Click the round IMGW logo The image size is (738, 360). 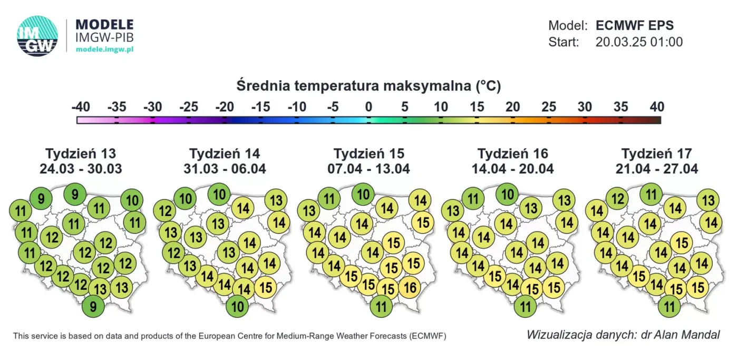click(37, 36)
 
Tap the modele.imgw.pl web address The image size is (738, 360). click(104, 49)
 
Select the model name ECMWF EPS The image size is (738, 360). click(634, 25)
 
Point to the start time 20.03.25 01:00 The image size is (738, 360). click(639, 42)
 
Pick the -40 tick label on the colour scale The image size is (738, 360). click(81, 107)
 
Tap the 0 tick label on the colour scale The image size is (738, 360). click(368, 107)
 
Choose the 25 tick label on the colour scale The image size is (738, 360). click(549, 107)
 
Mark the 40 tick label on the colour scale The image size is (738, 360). click(657, 107)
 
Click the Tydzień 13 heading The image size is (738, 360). click(81, 154)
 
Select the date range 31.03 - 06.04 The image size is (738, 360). click(225, 169)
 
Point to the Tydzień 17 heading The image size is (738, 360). click(657, 154)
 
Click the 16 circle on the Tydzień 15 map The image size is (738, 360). click(410, 287)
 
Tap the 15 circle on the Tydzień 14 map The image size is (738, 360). click(266, 287)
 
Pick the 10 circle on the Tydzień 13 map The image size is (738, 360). click(132, 200)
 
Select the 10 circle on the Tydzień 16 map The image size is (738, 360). click(507, 194)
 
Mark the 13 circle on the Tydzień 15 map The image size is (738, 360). click(309, 211)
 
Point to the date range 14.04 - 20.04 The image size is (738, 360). click(512, 169)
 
